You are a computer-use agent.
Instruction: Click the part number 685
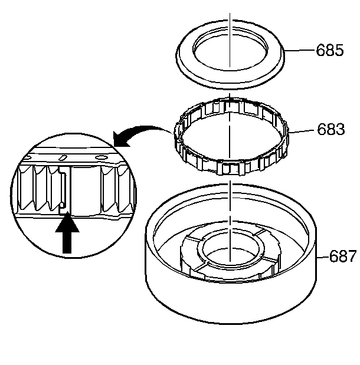(329, 51)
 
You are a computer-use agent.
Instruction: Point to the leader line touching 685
(301, 51)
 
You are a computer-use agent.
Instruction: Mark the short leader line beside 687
(321, 257)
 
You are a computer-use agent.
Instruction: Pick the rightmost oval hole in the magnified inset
(101, 157)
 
